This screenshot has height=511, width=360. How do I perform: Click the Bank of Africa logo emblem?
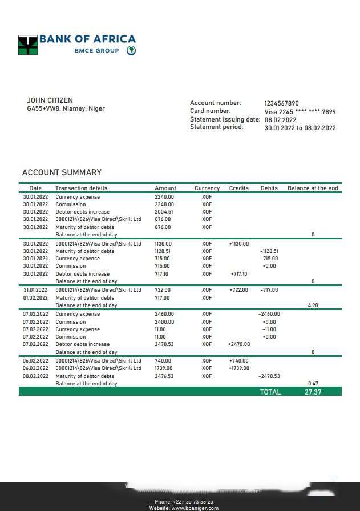(x=28, y=45)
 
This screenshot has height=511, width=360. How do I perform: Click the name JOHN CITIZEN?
(x=50, y=100)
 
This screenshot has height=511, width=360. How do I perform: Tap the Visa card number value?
(x=300, y=112)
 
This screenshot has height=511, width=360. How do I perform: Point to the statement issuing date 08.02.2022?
(x=280, y=120)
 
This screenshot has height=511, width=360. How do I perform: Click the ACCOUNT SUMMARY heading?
(x=62, y=172)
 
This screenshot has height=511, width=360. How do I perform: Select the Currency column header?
(x=207, y=188)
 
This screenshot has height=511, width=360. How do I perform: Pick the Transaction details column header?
(x=81, y=188)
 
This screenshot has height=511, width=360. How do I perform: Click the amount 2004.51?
(x=164, y=212)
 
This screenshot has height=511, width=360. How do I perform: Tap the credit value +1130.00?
(x=239, y=244)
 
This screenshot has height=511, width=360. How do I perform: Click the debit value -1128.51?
(x=269, y=251)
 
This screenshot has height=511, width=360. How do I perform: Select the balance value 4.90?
(x=313, y=305)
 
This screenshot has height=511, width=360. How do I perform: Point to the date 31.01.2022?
(x=35, y=290)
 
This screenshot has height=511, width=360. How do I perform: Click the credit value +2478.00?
(x=239, y=344)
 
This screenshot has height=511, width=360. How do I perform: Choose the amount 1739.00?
(x=164, y=368)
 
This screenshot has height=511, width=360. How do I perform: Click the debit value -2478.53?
(x=269, y=376)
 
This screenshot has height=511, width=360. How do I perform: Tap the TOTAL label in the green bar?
(x=270, y=392)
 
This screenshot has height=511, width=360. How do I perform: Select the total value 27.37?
(x=313, y=392)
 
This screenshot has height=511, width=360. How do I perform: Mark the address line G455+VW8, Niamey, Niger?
(x=66, y=108)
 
